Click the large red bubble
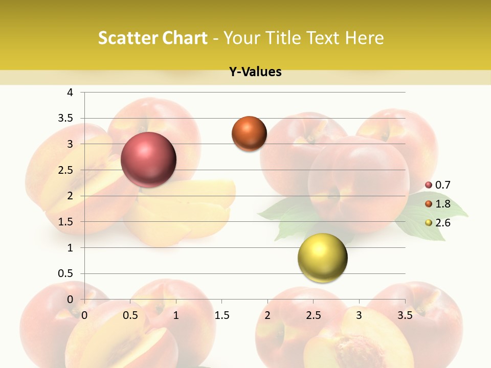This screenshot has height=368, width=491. (148, 159)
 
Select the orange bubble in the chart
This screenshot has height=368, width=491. (249, 133)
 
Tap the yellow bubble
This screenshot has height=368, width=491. (322, 258)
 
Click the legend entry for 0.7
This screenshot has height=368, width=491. (438, 185)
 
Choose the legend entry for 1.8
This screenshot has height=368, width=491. (438, 204)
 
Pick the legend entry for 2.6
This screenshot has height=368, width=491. (438, 223)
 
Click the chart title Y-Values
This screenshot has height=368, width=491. (255, 72)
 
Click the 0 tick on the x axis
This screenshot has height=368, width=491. (84, 315)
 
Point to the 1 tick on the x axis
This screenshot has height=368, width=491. (176, 315)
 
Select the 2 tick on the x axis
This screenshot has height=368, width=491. (267, 315)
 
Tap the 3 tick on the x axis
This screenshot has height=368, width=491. (359, 315)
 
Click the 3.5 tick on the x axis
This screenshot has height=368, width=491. (405, 315)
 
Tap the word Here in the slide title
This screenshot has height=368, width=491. (364, 38)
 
